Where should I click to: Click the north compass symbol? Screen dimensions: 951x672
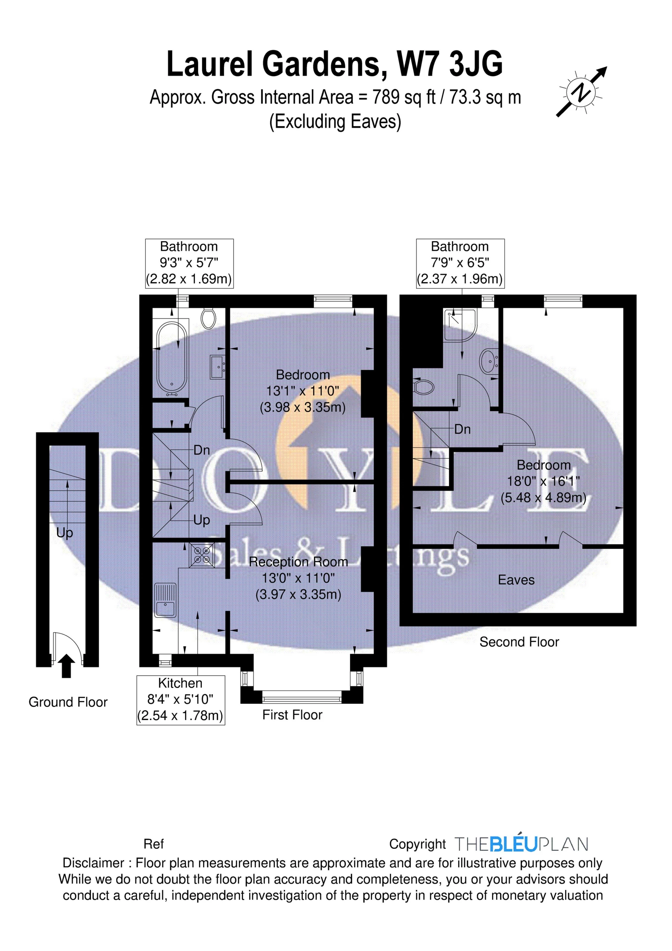click(x=581, y=92)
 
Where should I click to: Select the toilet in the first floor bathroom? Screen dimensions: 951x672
click(x=208, y=319)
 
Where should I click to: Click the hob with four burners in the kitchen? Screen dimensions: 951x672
click(x=202, y=555)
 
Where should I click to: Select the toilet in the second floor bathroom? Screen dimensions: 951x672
click(x=424, y=387)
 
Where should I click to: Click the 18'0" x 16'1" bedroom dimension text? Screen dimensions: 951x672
click(x=543, y=481)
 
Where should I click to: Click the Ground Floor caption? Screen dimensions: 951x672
click(x=68, y=702)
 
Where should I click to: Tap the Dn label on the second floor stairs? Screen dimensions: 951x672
click(x=462, y=429)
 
